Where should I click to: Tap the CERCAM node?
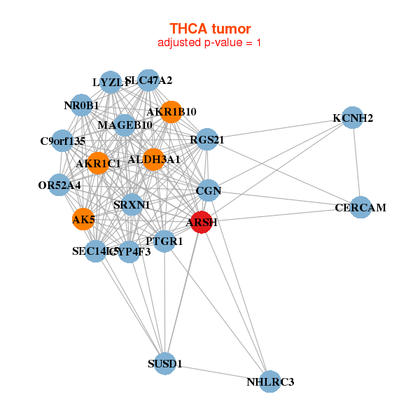[x=360, y=208]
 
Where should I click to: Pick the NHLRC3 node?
[x=270, y=381]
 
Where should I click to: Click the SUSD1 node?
[x=165, y=364]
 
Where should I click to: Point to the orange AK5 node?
[x=83, y=220]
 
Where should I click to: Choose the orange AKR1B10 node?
[x=171, y=112]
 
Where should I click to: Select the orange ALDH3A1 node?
[x=153, y=159]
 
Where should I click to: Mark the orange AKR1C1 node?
[x=99, y=163]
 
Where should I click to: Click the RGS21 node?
[x=207, y=139]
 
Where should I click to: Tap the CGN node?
[x=209, y=190]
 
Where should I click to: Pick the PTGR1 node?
[x=164, y=241]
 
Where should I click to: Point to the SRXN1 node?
[x=132, y=204]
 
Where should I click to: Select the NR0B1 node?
[x=82, y=106]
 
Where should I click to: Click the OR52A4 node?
[x=60, y=185]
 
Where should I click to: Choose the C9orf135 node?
[x=62, y=141]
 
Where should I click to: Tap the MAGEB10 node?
[x=125, y=125]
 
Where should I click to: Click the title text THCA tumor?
[x=210, y=28]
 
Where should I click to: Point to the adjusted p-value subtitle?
[x=210, y=43]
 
